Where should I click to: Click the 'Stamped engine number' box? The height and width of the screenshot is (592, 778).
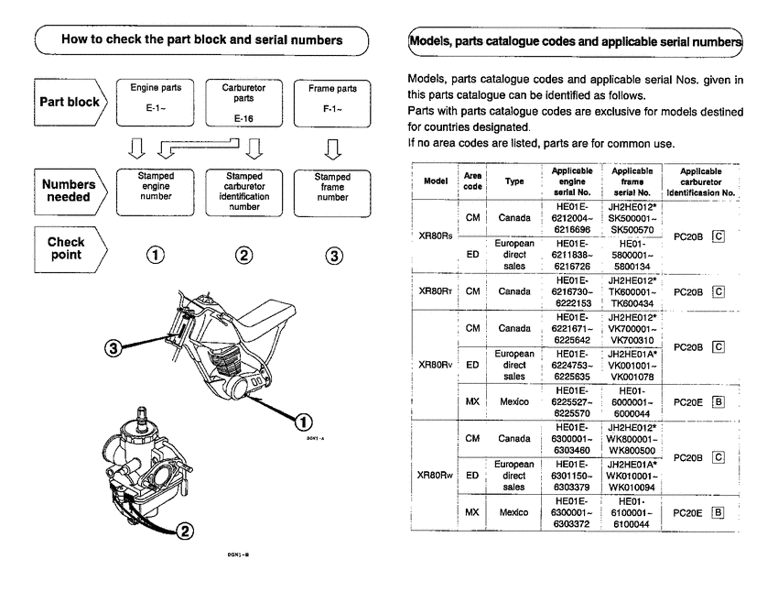(156, 190)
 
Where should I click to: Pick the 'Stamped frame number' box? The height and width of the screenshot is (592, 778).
(332, 190)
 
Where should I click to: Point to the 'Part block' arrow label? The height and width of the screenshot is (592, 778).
(70, 102)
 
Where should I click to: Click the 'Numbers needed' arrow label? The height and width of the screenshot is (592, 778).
(69, 191)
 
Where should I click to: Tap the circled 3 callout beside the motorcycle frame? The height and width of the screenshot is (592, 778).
(113, 347)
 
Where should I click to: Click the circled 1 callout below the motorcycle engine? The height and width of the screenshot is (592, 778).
(301, 421)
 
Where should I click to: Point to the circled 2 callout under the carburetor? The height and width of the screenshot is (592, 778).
(185, 530)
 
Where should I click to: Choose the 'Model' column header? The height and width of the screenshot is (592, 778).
(435, 181)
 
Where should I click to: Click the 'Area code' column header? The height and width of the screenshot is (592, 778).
(472, 181)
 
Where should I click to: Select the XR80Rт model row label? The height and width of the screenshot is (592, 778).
(434, 292)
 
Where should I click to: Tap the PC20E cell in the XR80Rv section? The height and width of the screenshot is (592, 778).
(687, 400)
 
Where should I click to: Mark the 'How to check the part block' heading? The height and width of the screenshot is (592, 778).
(201, 39)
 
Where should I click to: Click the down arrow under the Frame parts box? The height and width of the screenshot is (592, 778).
(332, 148)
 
